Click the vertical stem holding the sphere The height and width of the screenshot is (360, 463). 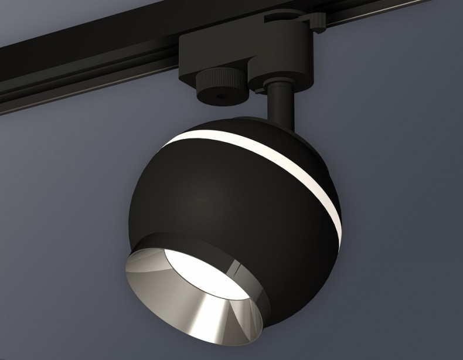point(280,111)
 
